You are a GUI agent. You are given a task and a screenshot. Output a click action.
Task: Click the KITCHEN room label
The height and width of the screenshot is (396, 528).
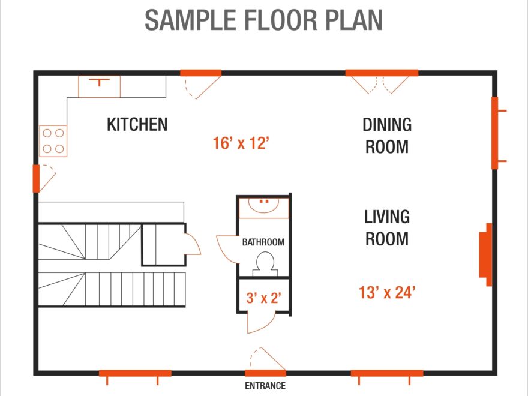137,125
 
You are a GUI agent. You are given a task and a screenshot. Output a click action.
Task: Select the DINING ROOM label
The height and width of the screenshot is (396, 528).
387,136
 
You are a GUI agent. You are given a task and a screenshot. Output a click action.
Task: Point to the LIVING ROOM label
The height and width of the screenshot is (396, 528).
387,227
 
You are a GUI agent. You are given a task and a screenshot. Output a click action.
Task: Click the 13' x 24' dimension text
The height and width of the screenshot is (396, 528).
387,293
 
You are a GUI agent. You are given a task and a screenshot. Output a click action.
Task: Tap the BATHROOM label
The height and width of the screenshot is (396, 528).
263,242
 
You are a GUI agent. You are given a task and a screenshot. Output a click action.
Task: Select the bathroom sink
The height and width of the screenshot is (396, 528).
264,206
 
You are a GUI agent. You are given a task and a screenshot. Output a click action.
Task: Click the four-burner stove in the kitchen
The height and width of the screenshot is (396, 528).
53,141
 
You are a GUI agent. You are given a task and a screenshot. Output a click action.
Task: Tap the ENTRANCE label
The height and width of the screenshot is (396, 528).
265,386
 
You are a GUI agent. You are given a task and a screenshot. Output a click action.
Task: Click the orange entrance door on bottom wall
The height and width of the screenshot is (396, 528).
265,373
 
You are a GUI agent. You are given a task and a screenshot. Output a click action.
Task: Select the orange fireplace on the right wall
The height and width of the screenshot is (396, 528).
485,251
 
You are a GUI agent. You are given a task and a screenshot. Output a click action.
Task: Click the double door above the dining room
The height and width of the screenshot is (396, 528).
382,73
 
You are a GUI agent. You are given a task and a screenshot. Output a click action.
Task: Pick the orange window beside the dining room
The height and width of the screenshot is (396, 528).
495,133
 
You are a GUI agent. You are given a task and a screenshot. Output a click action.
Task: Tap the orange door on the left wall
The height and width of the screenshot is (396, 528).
36,178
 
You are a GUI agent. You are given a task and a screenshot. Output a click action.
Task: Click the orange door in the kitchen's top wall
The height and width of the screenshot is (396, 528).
201,73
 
